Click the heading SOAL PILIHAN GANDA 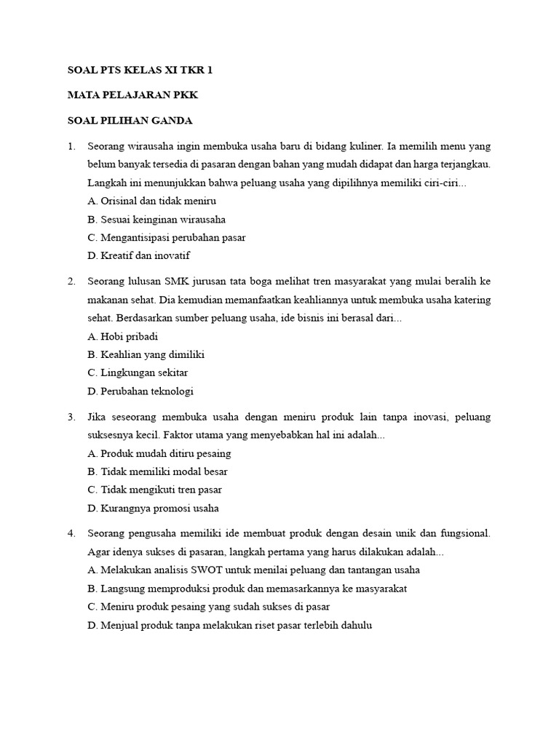130,120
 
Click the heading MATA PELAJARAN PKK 132,95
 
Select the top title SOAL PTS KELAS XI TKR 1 140,71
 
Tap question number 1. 71,146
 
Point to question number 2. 71,281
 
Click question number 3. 71,417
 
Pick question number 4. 71,533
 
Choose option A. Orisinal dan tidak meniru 151,201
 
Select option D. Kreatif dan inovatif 138,256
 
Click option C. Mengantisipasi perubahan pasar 166,238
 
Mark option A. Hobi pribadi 122,336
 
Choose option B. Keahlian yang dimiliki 146,354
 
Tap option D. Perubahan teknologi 140,391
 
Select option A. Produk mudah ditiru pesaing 159,453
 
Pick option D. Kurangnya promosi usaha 153,509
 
